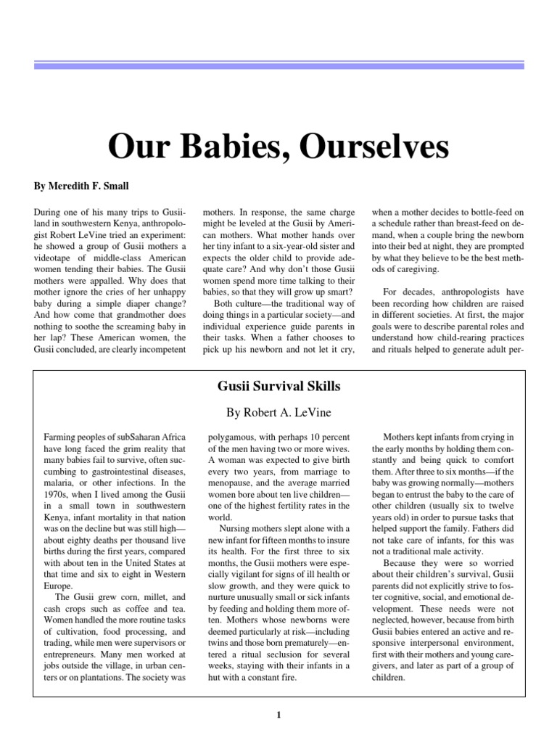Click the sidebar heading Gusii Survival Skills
pos(278,386)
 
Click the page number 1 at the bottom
pos(278,715)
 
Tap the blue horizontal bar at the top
pos(278,65)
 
